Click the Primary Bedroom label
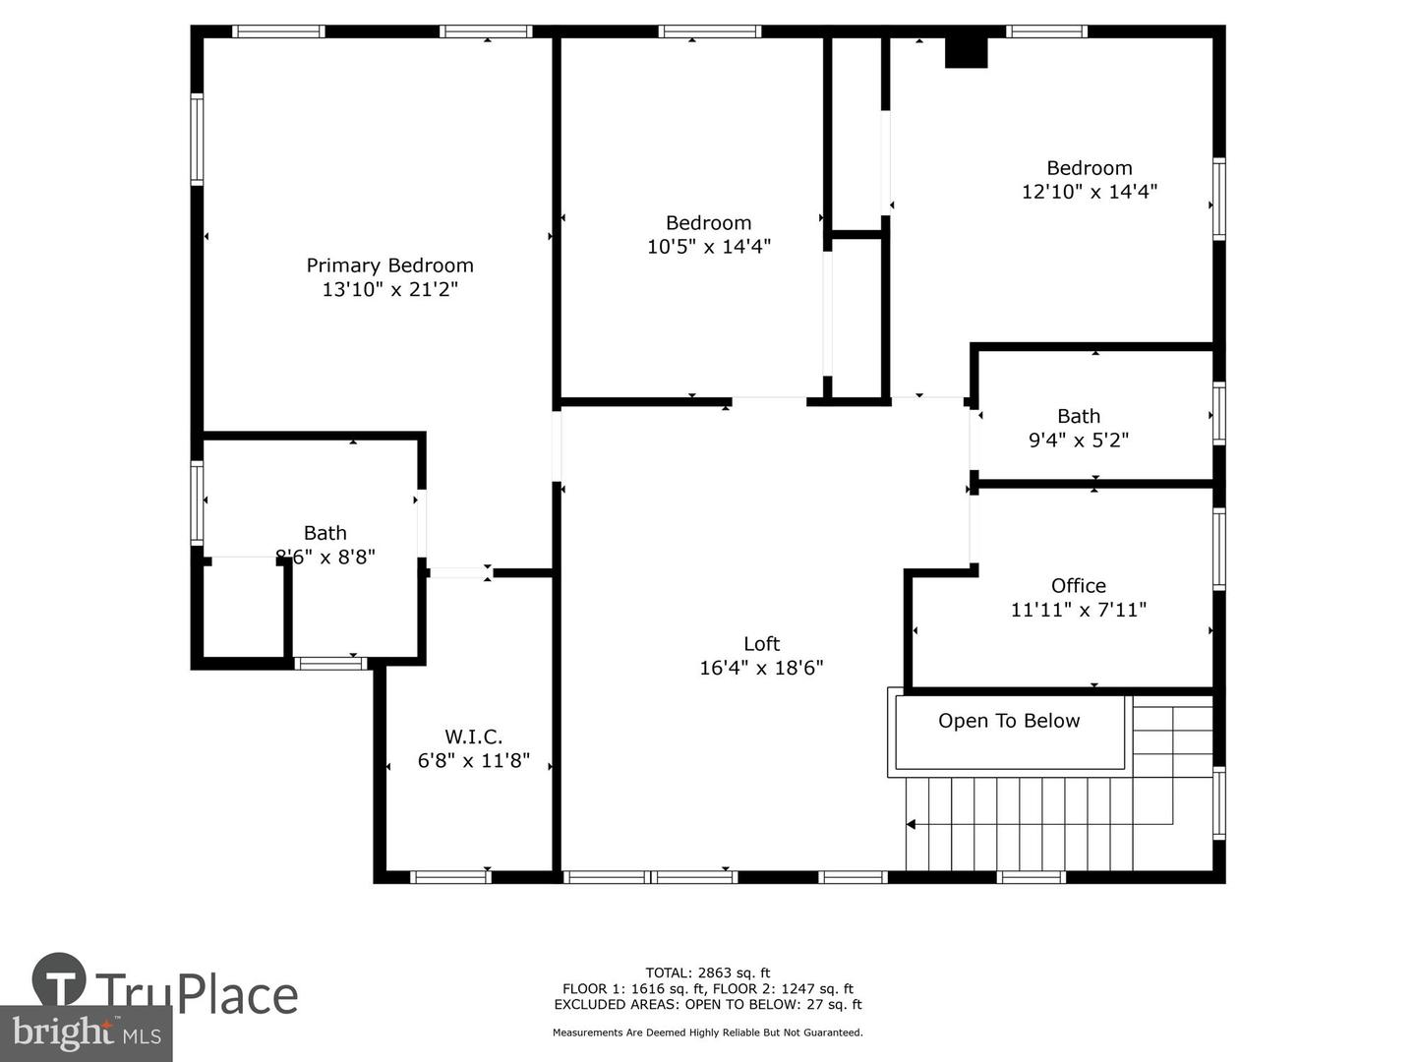(x=389, y=265)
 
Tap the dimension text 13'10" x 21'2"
(x=389, y=289)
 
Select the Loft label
(x=761, y=644)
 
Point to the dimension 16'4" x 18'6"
(x=761, y=668)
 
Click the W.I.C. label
(x=473, y=737)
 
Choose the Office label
(x=1078, y=586)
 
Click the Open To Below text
(x=1009, y=721)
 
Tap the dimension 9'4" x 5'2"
(x=1078, y=441)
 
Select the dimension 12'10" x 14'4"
(x=1089, y=192)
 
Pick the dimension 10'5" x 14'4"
(x=708, y=247)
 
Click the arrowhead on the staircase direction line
(x=912, y=824)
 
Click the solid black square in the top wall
(x=966, y=52)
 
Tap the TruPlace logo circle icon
(x=59, y=980)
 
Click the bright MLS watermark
(x=86, y=1032)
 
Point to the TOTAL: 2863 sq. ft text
(x=707, y=973)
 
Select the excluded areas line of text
(x=707, y=1004)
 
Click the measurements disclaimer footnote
(x=707, y=1032)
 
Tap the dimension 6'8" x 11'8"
(x=473, y=760)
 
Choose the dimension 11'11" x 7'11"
(x=1078, y=610)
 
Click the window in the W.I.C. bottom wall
(x=449, y=876)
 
